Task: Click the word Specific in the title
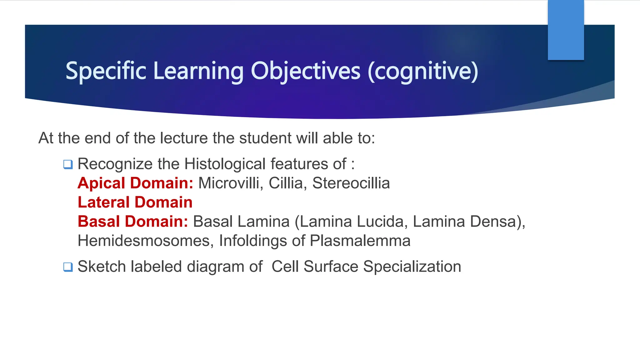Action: [x=106, y=71]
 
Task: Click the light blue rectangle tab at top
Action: [x=566, y=30]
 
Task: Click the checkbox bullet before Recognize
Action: [x=68, y=164]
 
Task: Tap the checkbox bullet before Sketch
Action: [x=68, y=267]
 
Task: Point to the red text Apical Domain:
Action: [x=135, y=183]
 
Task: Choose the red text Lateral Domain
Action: [x=135, y=202]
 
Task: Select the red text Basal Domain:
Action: [x=133, y=222]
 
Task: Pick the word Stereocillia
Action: [x=351, y=183]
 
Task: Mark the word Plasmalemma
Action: [x=360, y=241]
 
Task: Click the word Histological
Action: [x=225, y=164]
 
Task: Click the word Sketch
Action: [x=102, y=267]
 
